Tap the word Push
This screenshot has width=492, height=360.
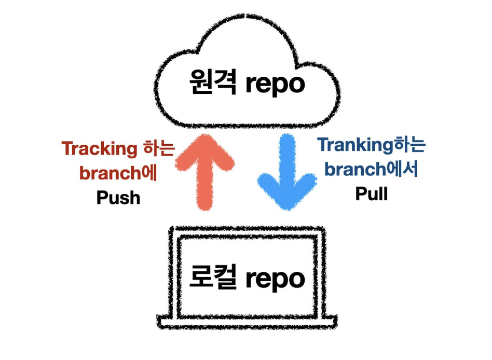118,197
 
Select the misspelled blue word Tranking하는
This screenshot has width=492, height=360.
372,145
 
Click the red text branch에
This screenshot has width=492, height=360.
119,173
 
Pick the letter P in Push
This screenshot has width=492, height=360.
102,197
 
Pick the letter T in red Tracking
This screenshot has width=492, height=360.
67,149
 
